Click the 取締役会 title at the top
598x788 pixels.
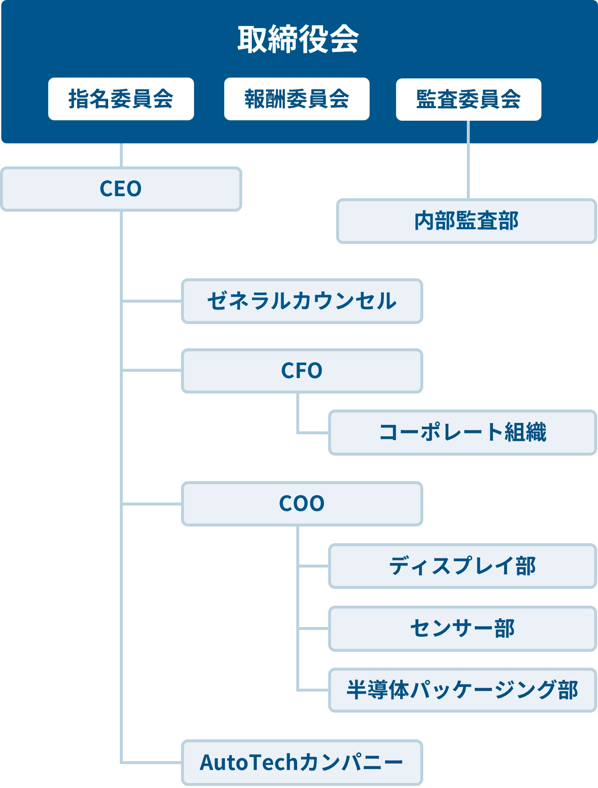click(x=298, y=39)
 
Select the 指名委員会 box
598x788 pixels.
click(x=121, y=99)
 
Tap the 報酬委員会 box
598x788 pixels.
click(x=297, y=99)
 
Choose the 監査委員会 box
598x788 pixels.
click(x=468, y=99)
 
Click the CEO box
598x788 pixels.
click(x=121, y=189)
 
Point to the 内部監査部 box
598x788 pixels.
click(x=466, y=221)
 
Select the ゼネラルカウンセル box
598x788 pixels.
click(x=302, y=301)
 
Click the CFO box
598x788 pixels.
click(x=302, y=371)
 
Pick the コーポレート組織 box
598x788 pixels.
click(x=462, y=432)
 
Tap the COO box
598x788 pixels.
click(x=302, y=503)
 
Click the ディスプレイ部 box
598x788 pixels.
click(x=462, y=566)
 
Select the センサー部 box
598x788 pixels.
click(x=462, y=629)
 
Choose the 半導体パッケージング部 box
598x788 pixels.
click(x=462, y=690)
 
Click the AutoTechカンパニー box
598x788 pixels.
click(x=302, y=762)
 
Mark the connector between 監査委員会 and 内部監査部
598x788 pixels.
click(x=469, y=168)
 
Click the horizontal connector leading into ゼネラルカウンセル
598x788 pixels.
click(x=153, y=302)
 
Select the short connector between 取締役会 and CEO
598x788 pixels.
click(x=121, y=155)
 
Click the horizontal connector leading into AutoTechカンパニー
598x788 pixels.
click(x=153, y=762)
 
